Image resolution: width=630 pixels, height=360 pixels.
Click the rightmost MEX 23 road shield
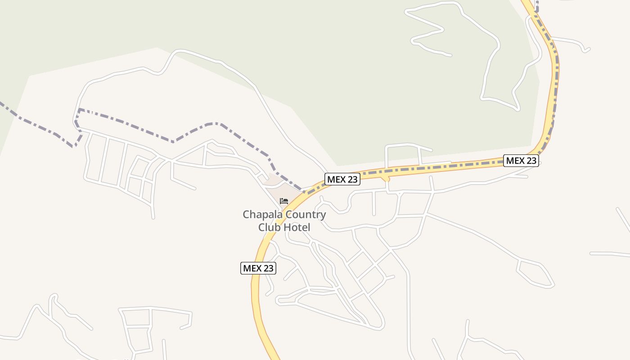tap(521, 160)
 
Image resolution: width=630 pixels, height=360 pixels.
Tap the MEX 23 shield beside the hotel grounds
tap(342, 179)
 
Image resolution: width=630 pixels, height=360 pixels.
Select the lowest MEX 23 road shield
tap(258, 268)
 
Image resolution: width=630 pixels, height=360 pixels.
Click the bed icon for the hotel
tap(283, 201)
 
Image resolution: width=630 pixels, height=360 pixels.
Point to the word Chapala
tap(260, 215)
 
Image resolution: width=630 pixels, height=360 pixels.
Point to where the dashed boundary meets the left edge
tap(2, 104)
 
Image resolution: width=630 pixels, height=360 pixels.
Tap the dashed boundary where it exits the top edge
tap(537, 2)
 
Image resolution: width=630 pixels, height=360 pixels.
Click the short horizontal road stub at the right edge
tap(610, 254)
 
